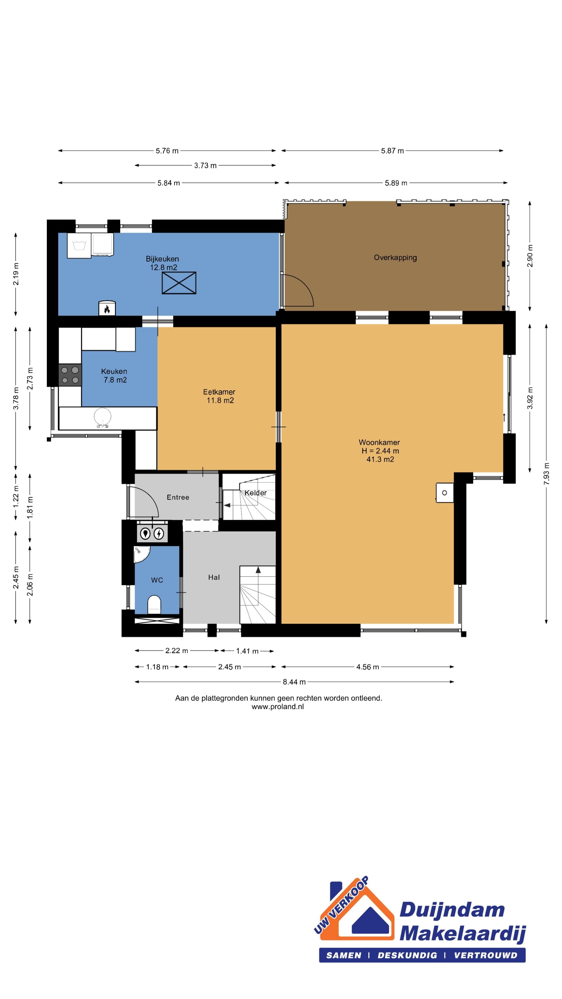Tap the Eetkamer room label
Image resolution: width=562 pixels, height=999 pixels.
219,392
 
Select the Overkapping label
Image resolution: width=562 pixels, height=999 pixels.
395,258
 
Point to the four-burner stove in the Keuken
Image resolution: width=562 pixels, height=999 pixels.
70,375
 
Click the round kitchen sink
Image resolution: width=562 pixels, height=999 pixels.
103,417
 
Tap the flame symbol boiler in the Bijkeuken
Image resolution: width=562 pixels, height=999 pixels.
107,308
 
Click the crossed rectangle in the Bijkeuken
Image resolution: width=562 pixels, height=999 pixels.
179,283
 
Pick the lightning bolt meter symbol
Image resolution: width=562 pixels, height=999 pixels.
159,534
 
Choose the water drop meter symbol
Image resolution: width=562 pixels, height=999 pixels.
145,534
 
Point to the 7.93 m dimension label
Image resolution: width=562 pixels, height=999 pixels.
546,473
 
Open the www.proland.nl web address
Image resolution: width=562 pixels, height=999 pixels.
278,707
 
